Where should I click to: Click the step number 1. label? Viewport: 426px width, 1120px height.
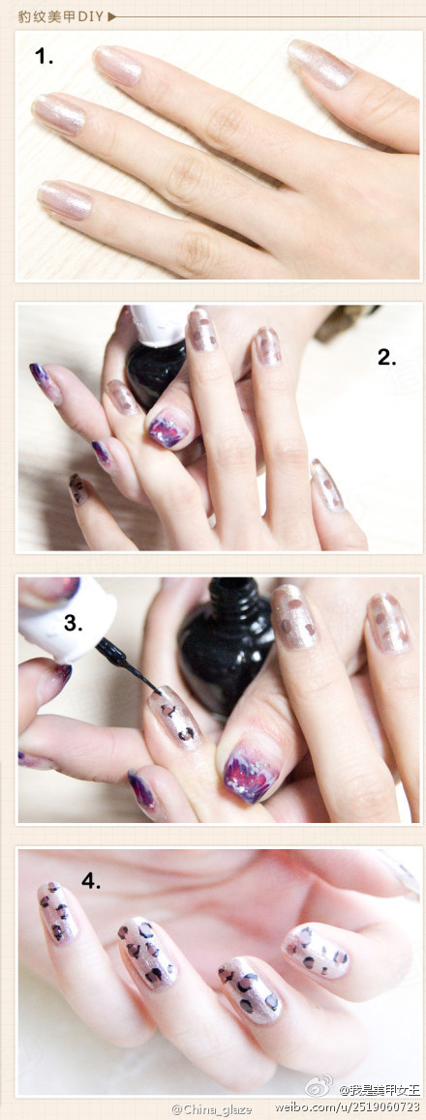coord(44,56)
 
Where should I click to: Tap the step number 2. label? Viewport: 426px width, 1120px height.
coord(386,357)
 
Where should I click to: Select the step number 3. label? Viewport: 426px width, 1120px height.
coord(74,622)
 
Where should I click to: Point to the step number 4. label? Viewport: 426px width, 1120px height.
coord(91,881)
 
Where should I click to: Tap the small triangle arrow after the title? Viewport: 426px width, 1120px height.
coord(111,15)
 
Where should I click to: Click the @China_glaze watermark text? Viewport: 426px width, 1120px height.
coord(212,1108)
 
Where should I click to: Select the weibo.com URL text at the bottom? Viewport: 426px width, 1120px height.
coord(358,1106)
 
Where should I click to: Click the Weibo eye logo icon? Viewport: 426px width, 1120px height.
coord(319,1086)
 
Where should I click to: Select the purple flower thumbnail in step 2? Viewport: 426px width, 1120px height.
coord(167,427)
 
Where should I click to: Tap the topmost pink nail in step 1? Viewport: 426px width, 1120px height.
coord(320,64)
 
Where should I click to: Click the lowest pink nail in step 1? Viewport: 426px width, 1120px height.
coord(65,201)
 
